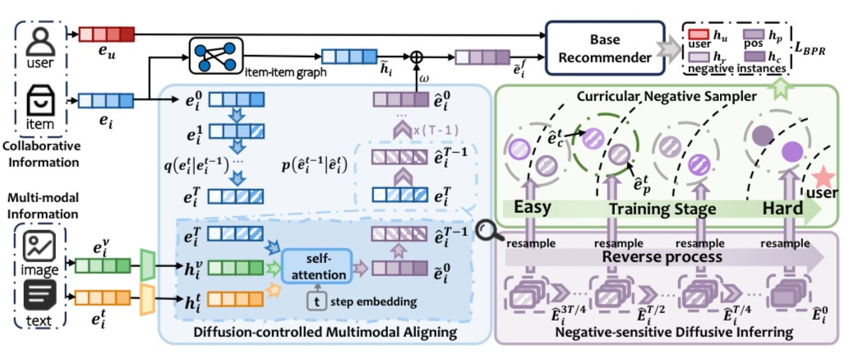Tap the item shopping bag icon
pyautogui.click(x=38, y=104)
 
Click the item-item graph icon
pyautogui.click(x=213, y=56)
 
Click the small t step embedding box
pyautogui.click(x=316, y=302)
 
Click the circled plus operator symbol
pyautogui.click(x=416, y=57)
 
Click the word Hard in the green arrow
pyautogui.click(x=783, y=208)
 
